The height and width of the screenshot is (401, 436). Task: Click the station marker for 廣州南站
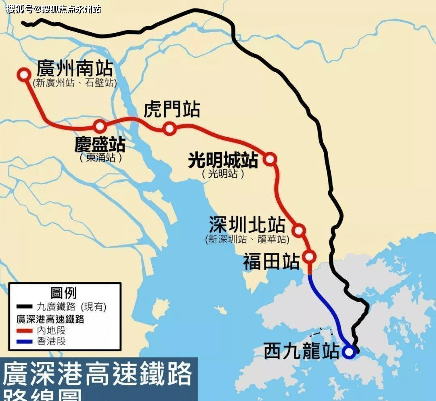[24, 75]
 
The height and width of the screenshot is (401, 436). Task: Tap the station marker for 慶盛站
[100, 126]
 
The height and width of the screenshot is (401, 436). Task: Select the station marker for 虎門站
[170, 129]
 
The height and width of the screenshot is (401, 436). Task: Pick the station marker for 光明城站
[270, 159]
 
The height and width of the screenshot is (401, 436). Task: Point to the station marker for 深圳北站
[299, 230]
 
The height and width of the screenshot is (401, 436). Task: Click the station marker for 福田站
[310, 256]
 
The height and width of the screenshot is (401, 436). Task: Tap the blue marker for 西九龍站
[348, 352]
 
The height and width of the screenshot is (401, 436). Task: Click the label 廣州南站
[74, 68]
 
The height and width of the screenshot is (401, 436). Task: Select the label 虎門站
[172, 109]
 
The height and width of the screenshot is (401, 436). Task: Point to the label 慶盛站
[100, 144]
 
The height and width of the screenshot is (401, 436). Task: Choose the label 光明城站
[223, 160]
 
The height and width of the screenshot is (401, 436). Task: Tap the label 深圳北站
[247, 225]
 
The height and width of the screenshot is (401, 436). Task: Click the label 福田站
[271, 262]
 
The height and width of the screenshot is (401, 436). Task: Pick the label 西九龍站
[301, 351]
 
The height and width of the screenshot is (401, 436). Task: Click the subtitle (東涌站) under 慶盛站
[101, 158]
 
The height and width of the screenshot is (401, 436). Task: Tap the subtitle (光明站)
[223, 174]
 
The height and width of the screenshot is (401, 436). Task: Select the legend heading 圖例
[64, 293]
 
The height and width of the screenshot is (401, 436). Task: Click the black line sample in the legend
[25, 307]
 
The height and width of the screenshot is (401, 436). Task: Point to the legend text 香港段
[51, 341]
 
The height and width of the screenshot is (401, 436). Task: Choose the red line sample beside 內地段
[25, 330]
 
